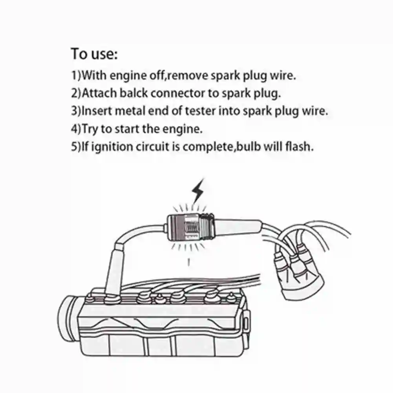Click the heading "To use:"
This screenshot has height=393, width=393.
click(x=94, y=54)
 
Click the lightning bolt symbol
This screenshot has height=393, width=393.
click(x=198, y=191)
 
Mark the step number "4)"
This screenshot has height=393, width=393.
click(x=76, y=129)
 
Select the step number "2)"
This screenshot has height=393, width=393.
click(x=76, y=93)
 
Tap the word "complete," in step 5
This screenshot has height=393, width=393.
click(x=209, y=147)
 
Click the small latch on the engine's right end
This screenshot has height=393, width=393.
click(x=246, y=324)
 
